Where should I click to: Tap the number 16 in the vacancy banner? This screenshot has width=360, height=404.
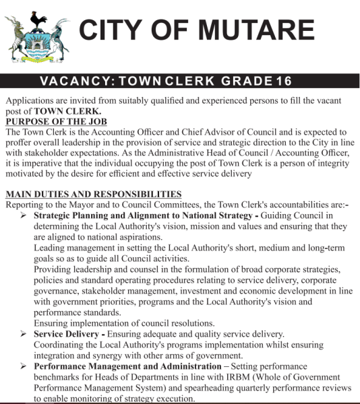pyautogui.click(x=284, y=81)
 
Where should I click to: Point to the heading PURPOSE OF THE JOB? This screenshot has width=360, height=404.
pyautogui.click(x=54, y=121)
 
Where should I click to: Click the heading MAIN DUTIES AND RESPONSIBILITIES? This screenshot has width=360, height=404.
pyautogui.click(x=94, y=194)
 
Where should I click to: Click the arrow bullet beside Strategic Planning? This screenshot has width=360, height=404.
pyautogui.click(x=24, y=215)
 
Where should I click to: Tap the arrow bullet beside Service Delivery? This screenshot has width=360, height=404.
pyautogui.click(x=24, y=334)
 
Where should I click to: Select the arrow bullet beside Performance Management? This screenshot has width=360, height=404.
pyautogui.click(x=24, y=366)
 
